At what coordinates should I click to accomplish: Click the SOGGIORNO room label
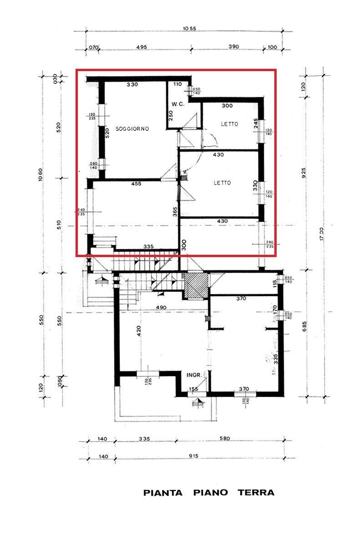132,129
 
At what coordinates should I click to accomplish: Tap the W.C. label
178,104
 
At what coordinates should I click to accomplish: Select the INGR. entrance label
194,375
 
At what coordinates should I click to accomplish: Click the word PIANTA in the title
163,493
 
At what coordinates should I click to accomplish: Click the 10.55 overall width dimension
189,29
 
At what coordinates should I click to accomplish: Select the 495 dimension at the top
142,47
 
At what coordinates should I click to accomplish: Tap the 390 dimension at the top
233,47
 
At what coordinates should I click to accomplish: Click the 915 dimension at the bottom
195,456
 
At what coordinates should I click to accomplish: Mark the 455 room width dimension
136,184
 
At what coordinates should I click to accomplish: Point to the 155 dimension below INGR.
193,389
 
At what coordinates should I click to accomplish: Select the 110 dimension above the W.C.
177,84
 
